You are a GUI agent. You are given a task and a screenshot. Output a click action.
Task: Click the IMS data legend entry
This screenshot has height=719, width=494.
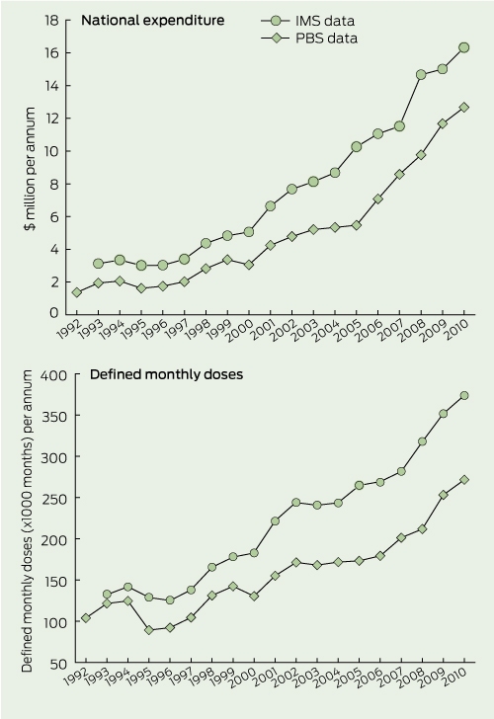pyautogui.click(x=308, y=21)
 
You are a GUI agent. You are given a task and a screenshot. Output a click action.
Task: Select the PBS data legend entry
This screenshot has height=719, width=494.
pyautogui.click(x=309, y=39)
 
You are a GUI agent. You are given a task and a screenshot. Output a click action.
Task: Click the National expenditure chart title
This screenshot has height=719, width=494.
pyautogui.click(x=153, y=20)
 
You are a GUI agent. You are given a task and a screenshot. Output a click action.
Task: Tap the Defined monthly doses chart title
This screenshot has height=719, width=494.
pyautogui.click(x=166, y=374)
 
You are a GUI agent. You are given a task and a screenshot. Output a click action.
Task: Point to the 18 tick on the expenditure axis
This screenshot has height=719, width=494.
pyautogui.click(x=51, y=20)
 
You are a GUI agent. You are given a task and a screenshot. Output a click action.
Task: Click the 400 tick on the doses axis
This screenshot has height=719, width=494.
pyautogui.click(x=54, y=375)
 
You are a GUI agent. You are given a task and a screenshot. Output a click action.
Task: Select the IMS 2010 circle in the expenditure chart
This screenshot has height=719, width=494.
pyautogui.click(x=463, y=47)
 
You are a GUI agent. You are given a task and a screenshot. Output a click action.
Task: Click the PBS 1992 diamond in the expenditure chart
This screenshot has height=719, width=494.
pyautogui.click(x=77, y=292)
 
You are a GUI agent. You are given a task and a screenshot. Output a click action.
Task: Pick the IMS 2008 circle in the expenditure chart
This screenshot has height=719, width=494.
pyautogui.click(x=421, y=74)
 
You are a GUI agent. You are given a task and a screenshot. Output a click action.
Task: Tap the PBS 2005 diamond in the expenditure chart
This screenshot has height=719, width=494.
pyautogui.click(x=356, y=225)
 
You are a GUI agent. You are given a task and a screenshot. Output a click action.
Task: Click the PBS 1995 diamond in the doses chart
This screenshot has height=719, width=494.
pyautogui.click(x=148, y=630)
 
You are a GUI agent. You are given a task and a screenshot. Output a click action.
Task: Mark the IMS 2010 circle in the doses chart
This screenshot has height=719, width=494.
pyautogui.click(x=464, y=395)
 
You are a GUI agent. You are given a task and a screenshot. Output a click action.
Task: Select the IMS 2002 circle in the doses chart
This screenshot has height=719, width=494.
pyautogui.click(x=295, y=502)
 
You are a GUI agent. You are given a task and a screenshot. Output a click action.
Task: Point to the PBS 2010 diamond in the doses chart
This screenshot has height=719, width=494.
pyautogui.click(x=464, y=480)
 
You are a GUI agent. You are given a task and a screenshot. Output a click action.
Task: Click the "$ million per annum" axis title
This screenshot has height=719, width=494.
pyautogui.click(x=30, y=170)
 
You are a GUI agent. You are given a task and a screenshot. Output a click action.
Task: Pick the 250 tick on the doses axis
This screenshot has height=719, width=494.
pyautogui.click(x=54, y=499)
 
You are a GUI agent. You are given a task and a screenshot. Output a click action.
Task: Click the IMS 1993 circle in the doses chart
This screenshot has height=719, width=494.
pyautogui.click(x=107, y=595)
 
